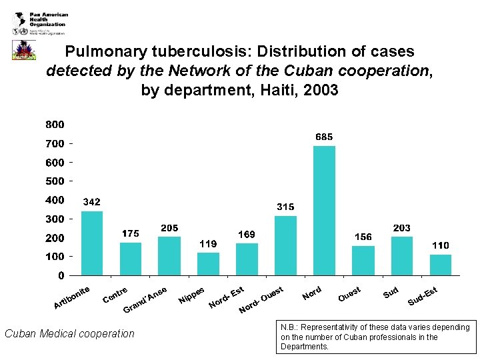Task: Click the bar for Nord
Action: (x=324, y=210)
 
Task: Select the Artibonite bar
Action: (x=92, y=243)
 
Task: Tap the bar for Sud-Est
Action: (x=441, y=264)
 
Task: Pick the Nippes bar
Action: (x=208, y=263)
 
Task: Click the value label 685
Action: (x=324, y=137)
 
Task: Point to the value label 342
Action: (x=91, y=202)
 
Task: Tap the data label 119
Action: (x=208, y=244)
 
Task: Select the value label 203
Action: (x=402, y=228)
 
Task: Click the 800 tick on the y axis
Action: (x=55, y=125)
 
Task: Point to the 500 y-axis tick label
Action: (x=55, y=181)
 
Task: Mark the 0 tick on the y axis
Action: (x=61, y=275)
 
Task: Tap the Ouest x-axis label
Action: (x=349, y=293)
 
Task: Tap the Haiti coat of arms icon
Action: (x=24, y=49)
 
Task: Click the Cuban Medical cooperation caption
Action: (x=69, y=333)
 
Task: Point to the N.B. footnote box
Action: (x=377, y=337)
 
